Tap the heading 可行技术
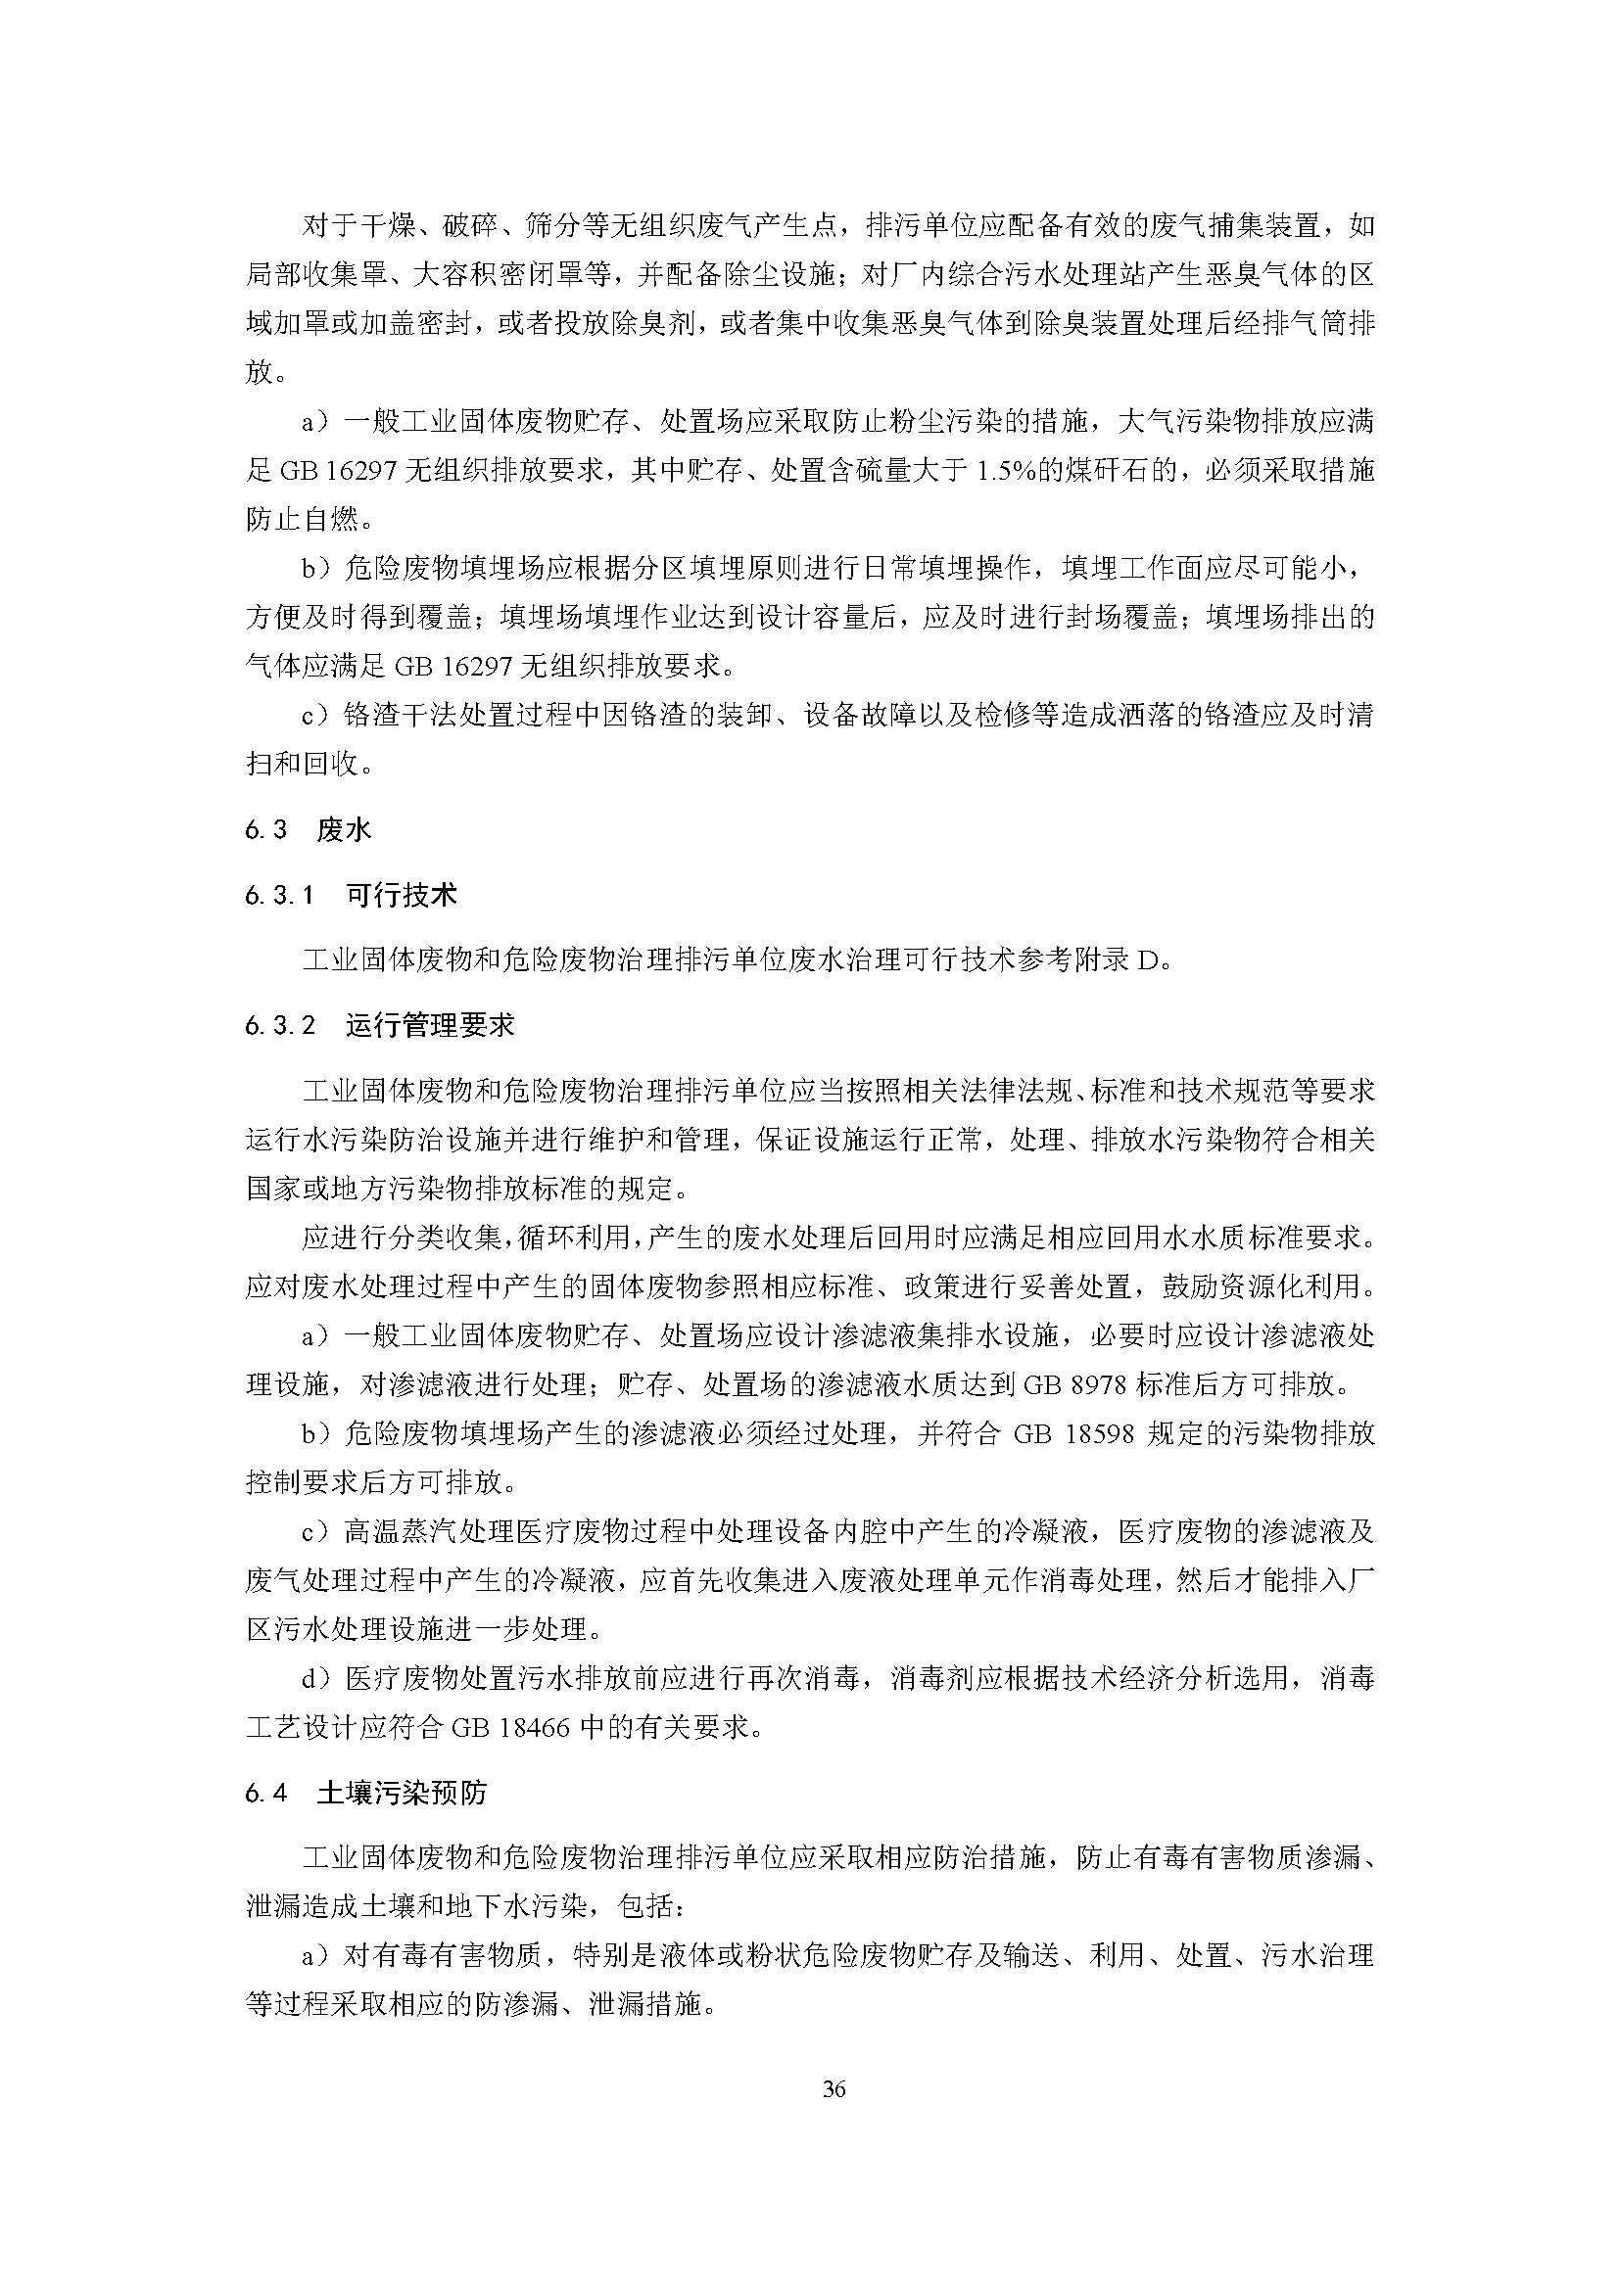click(401, 895)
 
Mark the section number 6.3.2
click(280, 1025)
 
